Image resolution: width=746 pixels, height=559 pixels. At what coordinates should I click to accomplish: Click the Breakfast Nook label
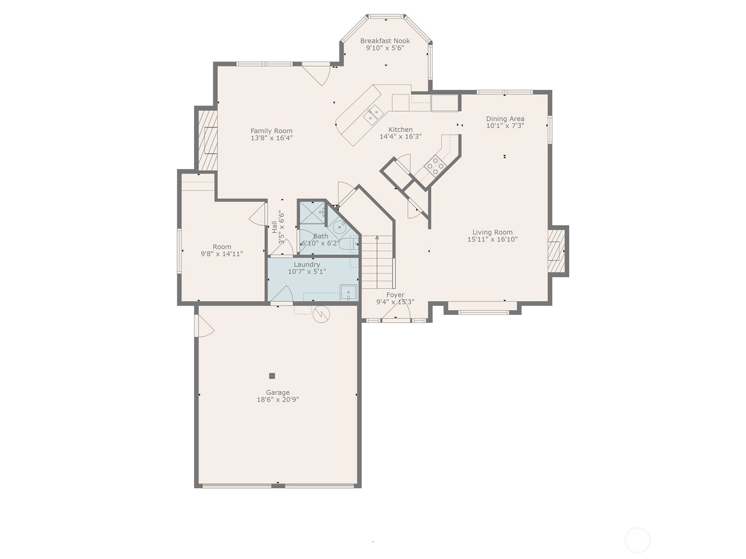point(385,41)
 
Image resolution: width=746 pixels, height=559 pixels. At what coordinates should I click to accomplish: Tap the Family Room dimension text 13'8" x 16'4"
point(271,138)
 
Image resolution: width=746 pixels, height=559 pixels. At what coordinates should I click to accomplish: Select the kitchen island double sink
point(373,114)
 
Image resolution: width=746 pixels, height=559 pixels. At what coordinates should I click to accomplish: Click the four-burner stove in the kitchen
point(435,166)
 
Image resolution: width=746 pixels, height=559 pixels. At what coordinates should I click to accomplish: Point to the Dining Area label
point(505,119)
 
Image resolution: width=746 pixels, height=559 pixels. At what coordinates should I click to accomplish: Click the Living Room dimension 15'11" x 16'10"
point(492,239)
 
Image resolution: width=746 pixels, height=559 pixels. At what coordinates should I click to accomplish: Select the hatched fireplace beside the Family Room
point(207,140)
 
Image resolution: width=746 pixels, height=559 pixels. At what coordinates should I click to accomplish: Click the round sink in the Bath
point(339,227)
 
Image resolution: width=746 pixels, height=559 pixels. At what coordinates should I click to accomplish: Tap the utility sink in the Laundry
point(349,293)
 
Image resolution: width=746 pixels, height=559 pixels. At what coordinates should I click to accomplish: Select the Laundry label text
point(307,265)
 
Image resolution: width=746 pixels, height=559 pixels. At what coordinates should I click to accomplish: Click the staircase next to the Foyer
point(377,262)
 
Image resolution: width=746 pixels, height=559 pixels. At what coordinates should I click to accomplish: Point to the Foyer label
point(395,295)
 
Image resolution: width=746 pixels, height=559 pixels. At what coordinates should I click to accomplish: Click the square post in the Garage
point(272,376)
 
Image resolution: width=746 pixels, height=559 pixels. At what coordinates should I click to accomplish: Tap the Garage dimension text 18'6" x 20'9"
point(278,400)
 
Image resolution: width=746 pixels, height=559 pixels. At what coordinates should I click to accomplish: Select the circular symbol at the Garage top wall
point(321,314)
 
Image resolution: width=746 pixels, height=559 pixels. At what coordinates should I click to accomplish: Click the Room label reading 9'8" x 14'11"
point(222,254)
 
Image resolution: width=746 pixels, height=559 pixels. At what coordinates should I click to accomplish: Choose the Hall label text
point(274,227)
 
